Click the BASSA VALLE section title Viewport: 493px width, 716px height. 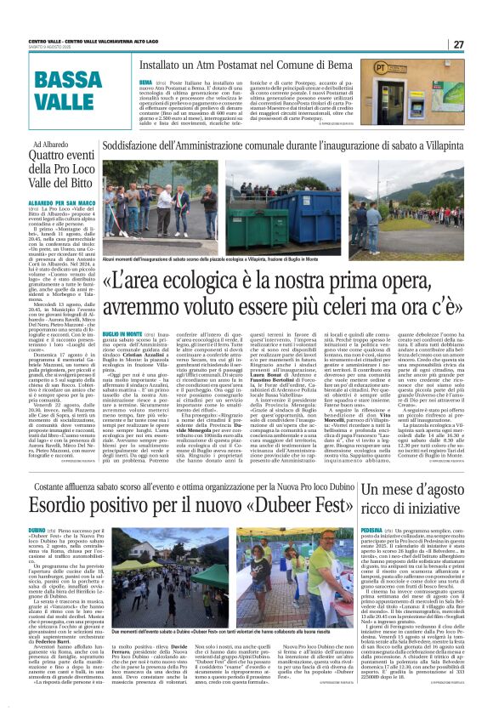point(68,91)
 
